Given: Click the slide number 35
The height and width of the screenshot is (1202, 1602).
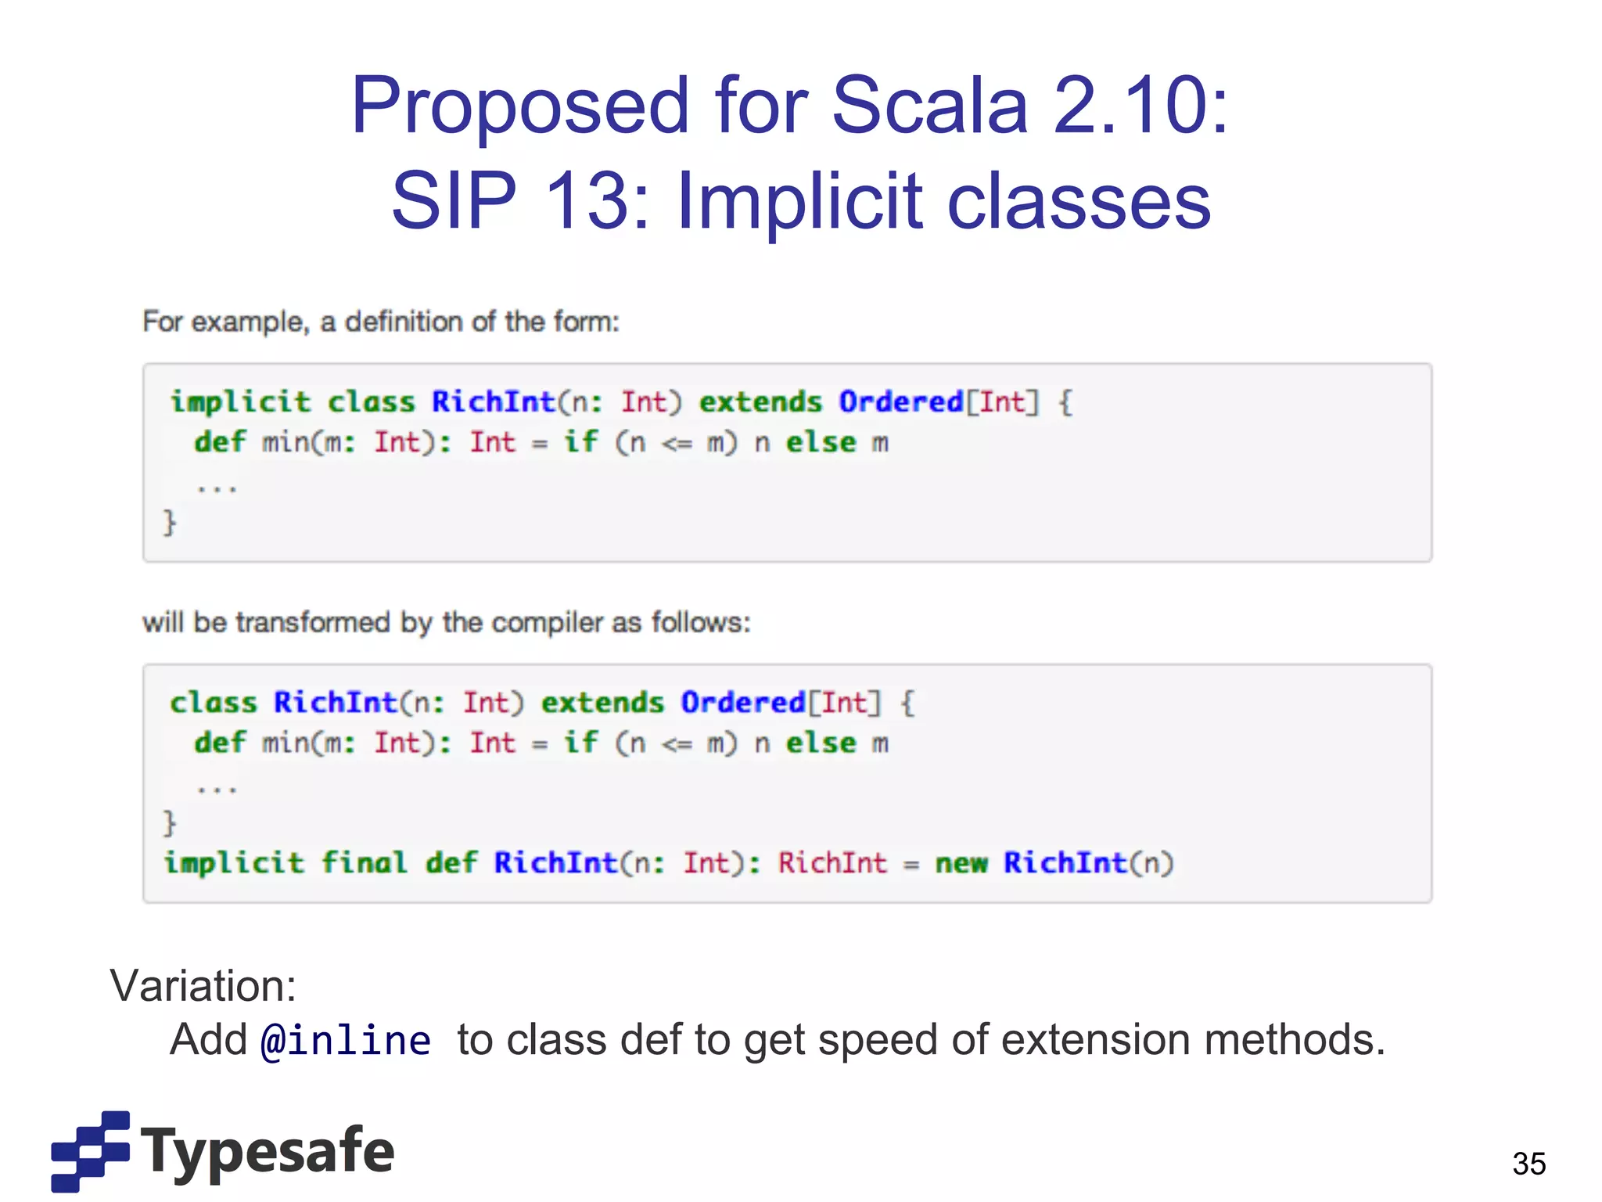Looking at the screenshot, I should [1528, 1164].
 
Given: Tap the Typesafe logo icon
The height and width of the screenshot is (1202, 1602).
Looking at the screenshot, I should [91, 1150].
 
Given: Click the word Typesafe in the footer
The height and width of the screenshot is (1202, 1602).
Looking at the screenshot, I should [268, 1151].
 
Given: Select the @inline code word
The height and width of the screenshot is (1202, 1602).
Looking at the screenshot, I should [345, 1041].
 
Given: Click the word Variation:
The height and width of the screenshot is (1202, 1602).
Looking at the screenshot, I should [203, 985].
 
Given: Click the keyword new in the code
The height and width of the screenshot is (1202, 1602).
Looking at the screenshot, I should [961, 863].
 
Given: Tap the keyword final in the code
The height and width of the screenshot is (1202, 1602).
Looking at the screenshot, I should [365, 863].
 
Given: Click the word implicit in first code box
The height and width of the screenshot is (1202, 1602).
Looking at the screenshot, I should [241, 402].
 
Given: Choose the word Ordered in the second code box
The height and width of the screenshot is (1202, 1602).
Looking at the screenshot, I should [742, 703].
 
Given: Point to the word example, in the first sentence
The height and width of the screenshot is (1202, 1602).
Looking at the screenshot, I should [250, 322].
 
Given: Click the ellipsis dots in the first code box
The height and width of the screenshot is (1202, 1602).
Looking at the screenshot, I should [217, 489].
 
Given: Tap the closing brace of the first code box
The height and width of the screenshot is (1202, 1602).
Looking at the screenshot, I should [169, 522].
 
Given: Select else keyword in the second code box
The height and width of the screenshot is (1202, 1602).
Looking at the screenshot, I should [821, 743].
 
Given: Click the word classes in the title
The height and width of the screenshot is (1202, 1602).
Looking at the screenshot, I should [1079, 201].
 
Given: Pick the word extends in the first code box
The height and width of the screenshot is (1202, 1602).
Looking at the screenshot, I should [760, 402].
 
